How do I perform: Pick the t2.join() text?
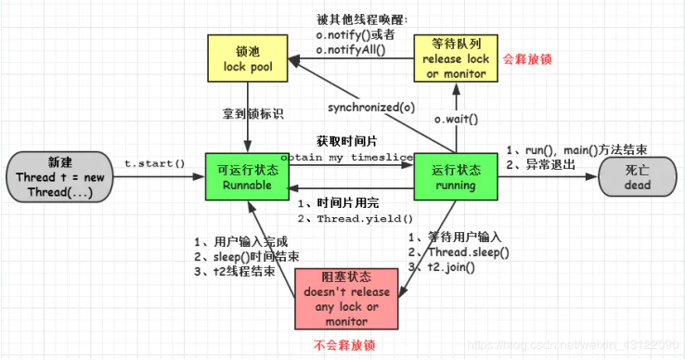[451, 267]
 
